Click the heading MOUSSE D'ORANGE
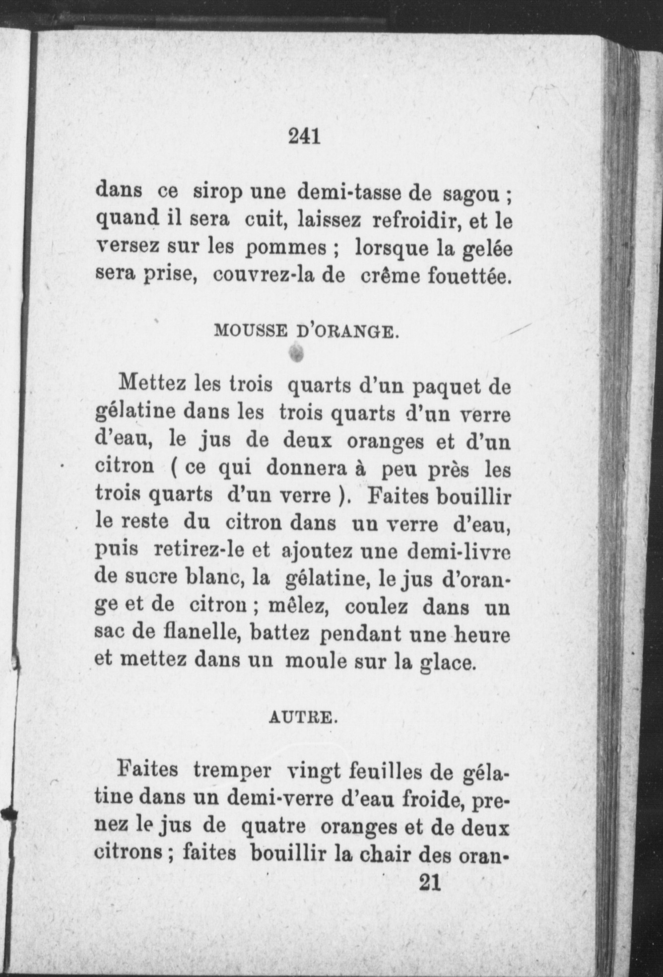click(306, 330)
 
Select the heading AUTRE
click(303, 718)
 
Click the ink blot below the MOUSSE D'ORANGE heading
click(297, 353)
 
